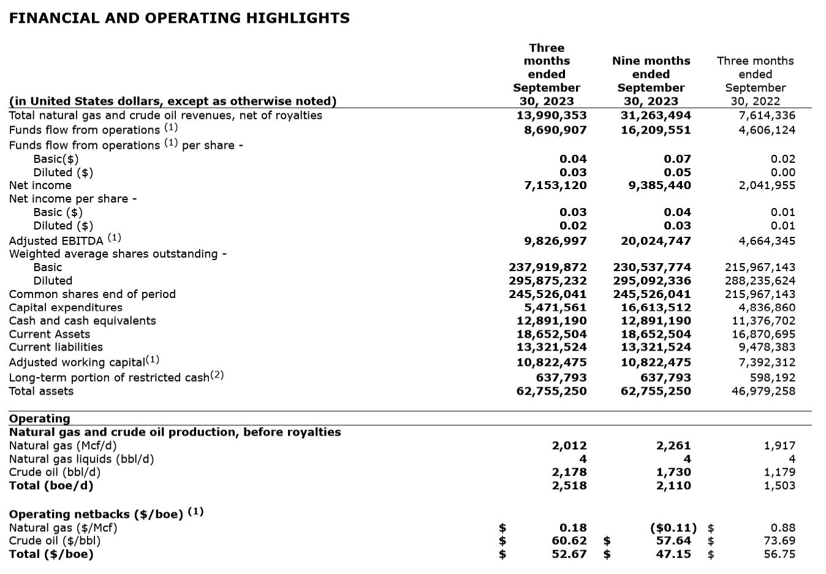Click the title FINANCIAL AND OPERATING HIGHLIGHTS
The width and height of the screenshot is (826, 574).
[x=180, y=18]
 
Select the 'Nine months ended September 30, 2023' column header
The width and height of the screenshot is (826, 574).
[x=651, y=81]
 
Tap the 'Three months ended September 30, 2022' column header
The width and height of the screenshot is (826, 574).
[x=755, y=81]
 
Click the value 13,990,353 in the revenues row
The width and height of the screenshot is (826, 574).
[x=551, y=116]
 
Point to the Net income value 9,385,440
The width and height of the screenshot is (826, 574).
[x=659, y=185]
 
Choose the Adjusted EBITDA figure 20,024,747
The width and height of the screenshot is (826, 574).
[x=656, y=241]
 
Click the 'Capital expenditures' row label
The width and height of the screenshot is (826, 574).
[x=66, y=308]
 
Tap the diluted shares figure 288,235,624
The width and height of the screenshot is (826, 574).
[x=760, y=281]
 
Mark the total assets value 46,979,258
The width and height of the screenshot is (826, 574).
[x=763, y=391]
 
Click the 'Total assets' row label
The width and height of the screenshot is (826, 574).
[x=41, y=391]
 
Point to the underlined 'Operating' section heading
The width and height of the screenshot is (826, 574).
[x=39, y=419]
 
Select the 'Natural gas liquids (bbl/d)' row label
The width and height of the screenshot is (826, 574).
[x=81, y=459]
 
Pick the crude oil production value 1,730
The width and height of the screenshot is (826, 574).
[x=673, y=472]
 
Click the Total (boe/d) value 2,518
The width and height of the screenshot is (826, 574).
[x=569, y=486]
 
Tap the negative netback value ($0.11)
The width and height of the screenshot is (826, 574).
[x=673, y=527]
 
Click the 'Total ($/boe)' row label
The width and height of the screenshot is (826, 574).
[x=51, y=554]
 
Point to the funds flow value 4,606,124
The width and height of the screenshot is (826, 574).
[x=767, y=130]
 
